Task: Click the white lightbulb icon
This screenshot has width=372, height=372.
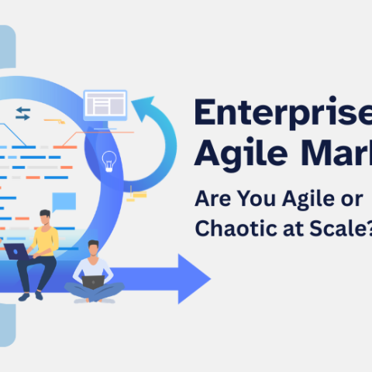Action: [109, 160]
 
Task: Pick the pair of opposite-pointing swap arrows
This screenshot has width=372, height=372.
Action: [22, 114]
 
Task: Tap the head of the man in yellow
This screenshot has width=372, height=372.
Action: [45, 219]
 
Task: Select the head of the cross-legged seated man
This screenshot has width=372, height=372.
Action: [94, 250]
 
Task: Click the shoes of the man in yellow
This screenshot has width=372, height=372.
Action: [29, 295]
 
